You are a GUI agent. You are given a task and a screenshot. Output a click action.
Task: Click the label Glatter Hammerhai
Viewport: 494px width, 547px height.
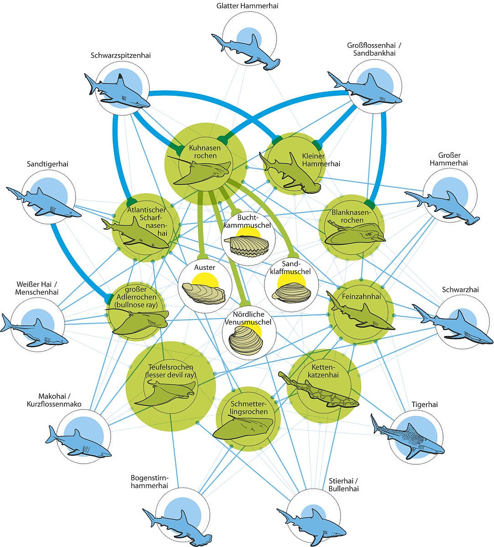[247, 6]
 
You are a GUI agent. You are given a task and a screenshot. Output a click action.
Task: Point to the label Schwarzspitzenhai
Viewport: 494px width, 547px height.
[120, 56]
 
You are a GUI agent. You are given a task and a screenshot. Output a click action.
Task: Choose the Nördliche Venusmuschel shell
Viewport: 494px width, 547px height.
[247, 342]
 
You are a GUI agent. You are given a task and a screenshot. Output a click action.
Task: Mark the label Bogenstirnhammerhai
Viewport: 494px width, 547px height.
[149, 482]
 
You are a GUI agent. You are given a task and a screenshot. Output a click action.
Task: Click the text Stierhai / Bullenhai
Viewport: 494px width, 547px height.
[343, 485]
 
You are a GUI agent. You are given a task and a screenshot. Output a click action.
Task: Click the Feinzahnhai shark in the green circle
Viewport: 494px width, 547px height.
[360, 315]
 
